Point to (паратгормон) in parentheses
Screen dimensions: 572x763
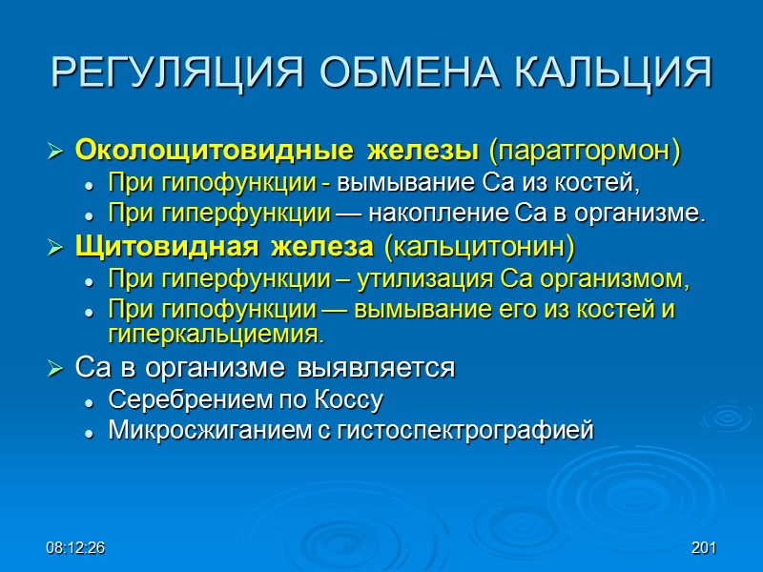pyautogui.click(x=585, y=151)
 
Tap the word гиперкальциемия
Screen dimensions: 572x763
pyautogui.click(x=217, y=336)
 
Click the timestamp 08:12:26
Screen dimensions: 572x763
pyautogui.click(x=75, y=549)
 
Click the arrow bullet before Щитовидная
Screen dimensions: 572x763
pyautogui.click(x=55, y=249)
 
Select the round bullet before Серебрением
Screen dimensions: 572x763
pyautogui.click(x=89, y=400)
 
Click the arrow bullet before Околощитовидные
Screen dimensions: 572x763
pyautogui.click(x=55, y=152)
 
